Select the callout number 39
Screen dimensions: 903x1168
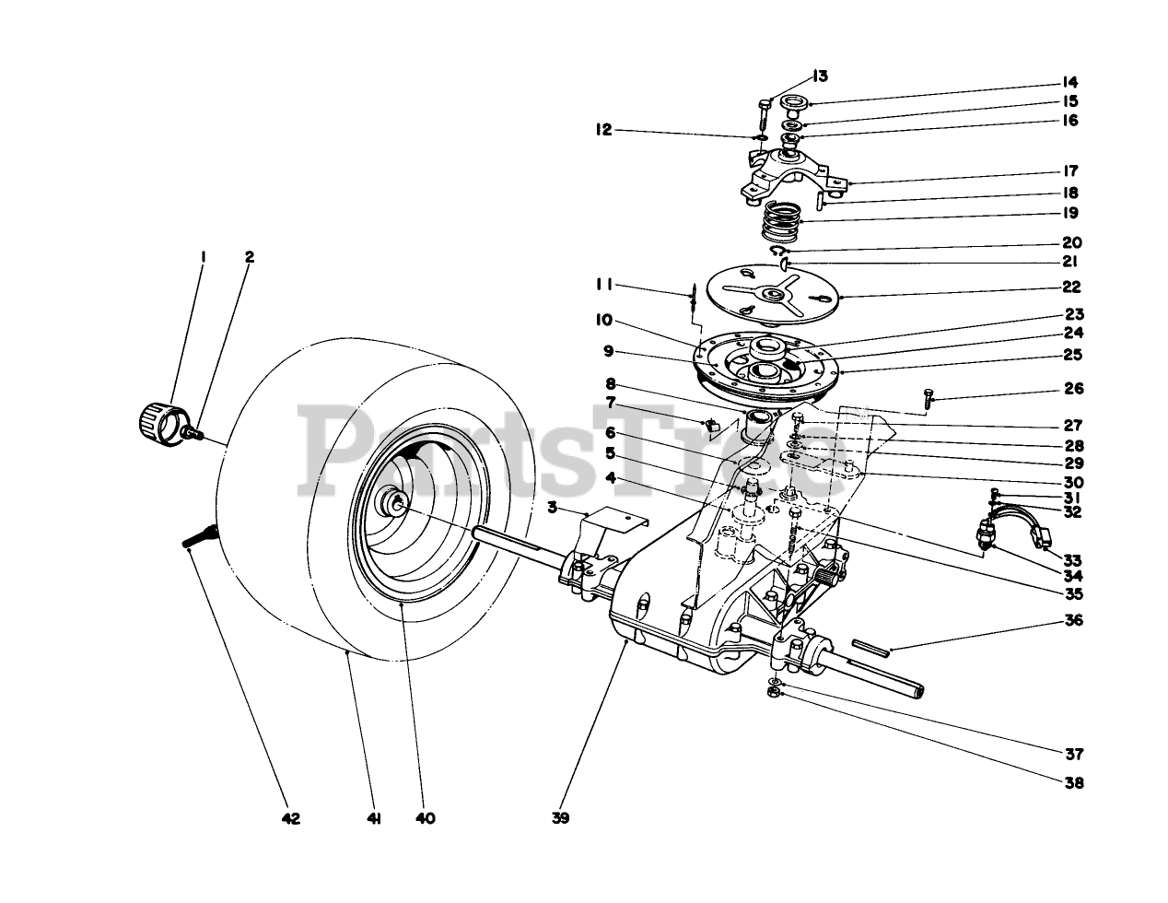click(561, 817)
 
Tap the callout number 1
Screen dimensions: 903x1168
click(203, 257)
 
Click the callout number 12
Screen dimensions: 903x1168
click(603, 131)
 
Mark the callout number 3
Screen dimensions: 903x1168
click(552, 507)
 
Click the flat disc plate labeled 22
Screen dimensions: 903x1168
click(767, 294)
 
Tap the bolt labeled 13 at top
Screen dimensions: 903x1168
click(765, 116)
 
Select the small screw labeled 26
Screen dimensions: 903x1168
click(929, 397)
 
